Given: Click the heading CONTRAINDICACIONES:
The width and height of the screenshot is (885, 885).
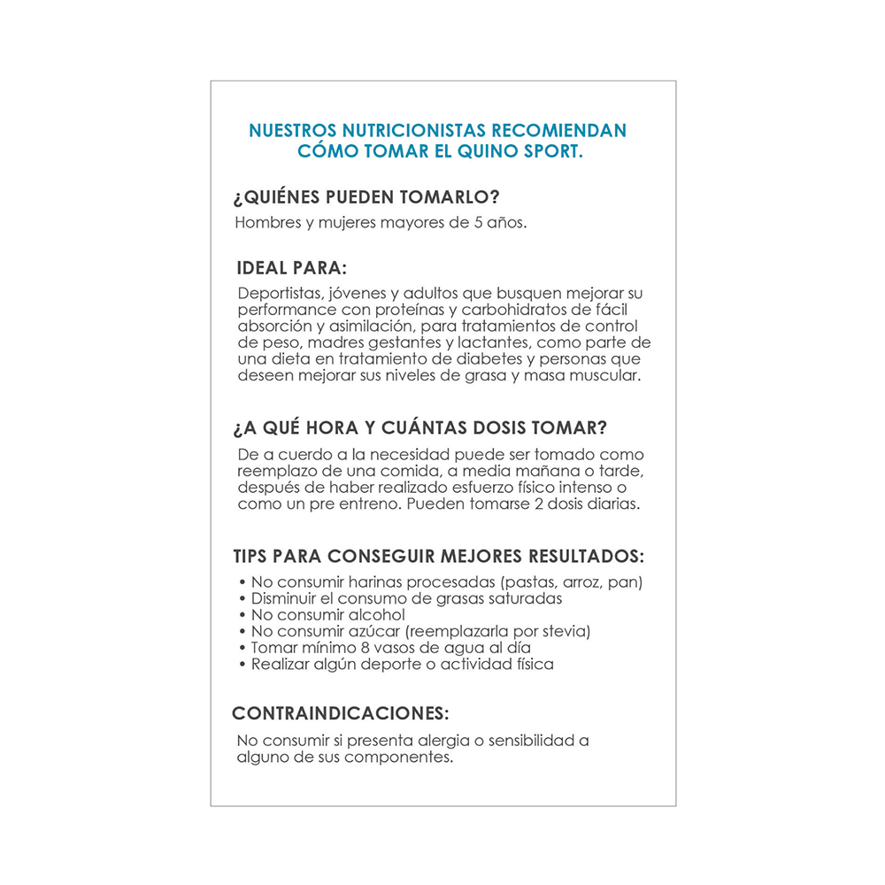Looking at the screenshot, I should click(341, 713).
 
